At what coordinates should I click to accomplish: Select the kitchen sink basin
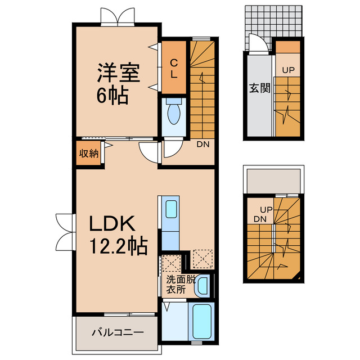point(170,209)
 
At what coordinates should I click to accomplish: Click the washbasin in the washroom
point(203,285)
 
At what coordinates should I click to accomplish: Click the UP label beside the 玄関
point(288,70)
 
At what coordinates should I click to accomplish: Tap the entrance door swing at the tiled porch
point(256,44)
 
